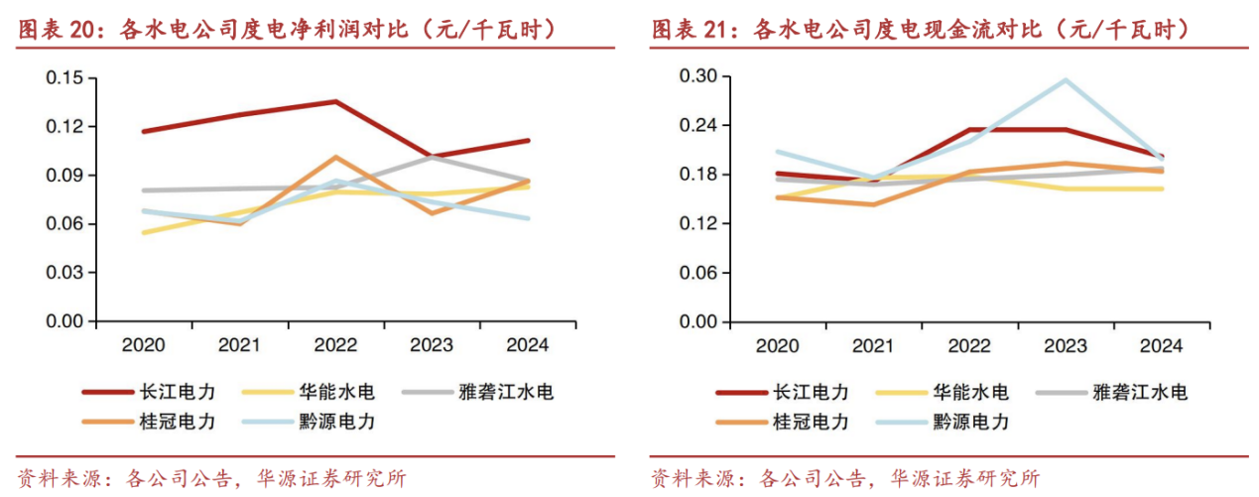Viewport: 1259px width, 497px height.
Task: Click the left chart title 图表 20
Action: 288,29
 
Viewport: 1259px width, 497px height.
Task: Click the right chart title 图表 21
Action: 920,29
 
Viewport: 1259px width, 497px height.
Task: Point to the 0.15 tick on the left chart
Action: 65,77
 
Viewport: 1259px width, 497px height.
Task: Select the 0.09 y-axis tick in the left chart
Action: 65,175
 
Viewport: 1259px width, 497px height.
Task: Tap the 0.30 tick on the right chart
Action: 698,76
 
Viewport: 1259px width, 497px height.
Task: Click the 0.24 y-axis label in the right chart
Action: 698,126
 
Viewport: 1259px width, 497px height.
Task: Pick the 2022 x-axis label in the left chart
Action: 334,345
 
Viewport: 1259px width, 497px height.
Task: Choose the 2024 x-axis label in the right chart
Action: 1160,345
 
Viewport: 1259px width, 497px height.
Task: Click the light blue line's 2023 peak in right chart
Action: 1066,80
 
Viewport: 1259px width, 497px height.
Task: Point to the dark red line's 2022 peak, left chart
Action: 335,101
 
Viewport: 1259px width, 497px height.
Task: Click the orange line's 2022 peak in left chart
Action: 335,157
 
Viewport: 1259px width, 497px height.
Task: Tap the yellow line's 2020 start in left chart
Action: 144,232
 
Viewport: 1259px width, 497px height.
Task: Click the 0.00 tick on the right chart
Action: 698,321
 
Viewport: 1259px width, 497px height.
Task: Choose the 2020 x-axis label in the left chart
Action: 143,345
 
